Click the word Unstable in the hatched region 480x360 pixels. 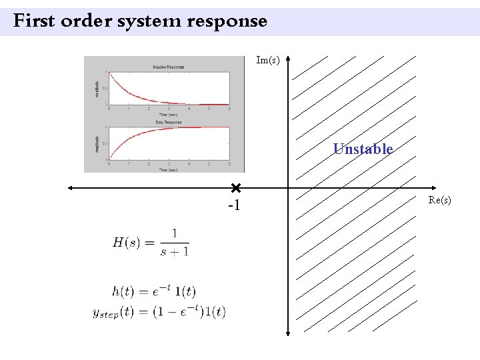point(363,149)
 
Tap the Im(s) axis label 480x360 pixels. point(268,61)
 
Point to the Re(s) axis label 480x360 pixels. point(440,200)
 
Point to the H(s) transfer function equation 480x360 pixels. point(151,243)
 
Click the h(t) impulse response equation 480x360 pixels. point(153,291)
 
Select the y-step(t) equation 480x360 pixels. point(159,311)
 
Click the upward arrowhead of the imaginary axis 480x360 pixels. point(288,59)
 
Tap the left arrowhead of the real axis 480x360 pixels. point(68,188)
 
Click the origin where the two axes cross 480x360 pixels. point(288,188)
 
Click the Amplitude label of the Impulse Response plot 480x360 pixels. point(97,88)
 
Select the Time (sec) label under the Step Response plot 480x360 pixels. point(169,170)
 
